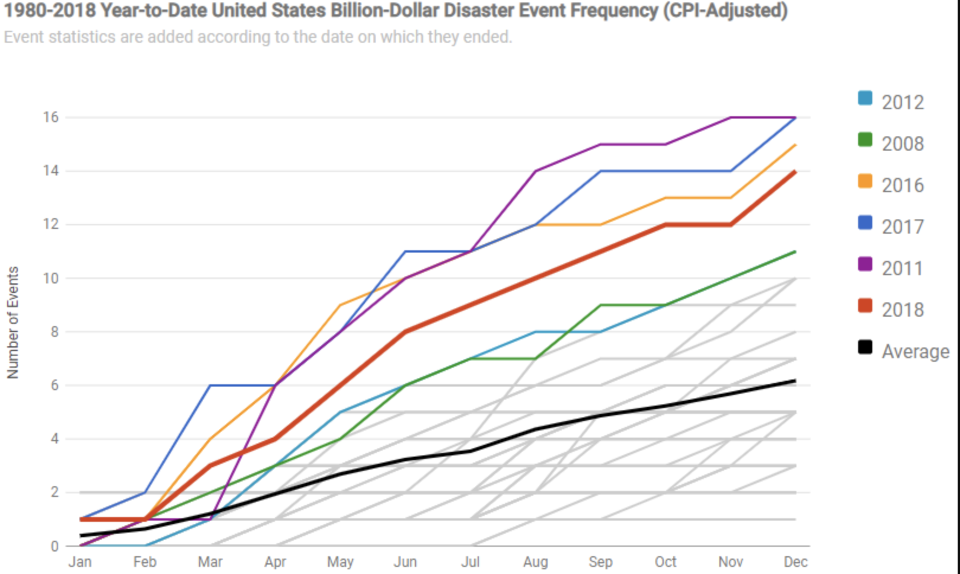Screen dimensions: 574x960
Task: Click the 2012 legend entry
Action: (x=902, y=102)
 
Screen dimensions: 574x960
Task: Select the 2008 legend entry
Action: (x=902, y=143)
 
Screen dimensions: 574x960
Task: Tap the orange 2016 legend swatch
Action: (x=865, y=181)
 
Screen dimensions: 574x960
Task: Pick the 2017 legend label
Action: (x=903, y=227)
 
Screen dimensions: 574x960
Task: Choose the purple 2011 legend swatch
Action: (x=865, y=264)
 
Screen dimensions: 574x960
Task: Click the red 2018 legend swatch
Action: (x=865, y=306)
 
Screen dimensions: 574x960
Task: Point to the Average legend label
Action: (x=916, y=351)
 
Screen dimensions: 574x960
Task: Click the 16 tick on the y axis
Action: (x=51, y=117)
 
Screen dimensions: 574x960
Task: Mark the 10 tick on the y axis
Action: (x=51, y=278)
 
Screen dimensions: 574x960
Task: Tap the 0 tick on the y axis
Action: (x=55, y=546)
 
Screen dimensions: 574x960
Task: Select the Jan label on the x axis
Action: (x=80, y=562)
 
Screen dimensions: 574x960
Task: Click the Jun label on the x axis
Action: (x=405, y=562)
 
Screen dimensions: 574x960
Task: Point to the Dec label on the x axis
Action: (x=795, y=562)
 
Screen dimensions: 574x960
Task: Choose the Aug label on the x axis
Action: (x=536, y=562)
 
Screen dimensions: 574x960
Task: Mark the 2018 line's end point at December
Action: (x=795, y=171)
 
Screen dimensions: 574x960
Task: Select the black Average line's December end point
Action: (x=795, y=381)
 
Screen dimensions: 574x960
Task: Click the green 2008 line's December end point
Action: (x=795, y=251)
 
